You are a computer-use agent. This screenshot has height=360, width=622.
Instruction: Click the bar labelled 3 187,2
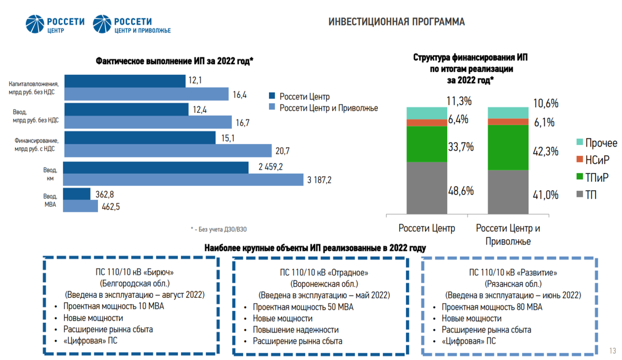[x=182, y=180]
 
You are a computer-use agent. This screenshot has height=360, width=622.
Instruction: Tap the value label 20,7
[x=284, y=151]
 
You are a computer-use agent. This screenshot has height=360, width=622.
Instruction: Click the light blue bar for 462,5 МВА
[x=81, y=206]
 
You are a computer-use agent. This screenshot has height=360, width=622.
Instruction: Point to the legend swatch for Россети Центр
[x=272, y=96]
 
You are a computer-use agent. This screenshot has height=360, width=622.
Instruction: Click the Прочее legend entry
[x=596, y=143]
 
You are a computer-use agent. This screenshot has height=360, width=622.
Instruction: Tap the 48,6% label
[x=461, y=191]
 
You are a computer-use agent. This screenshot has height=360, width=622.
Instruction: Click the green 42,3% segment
[x=508, y=148]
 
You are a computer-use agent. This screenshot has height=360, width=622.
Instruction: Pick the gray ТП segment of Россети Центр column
[x=427, y=188]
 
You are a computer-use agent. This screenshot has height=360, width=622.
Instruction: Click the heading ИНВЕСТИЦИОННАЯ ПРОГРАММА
[x=397, y=22]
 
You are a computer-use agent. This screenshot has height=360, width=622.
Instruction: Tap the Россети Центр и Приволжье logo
[x=132, y=24]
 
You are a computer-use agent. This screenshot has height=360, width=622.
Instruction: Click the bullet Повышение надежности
[x=295, y=329]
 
